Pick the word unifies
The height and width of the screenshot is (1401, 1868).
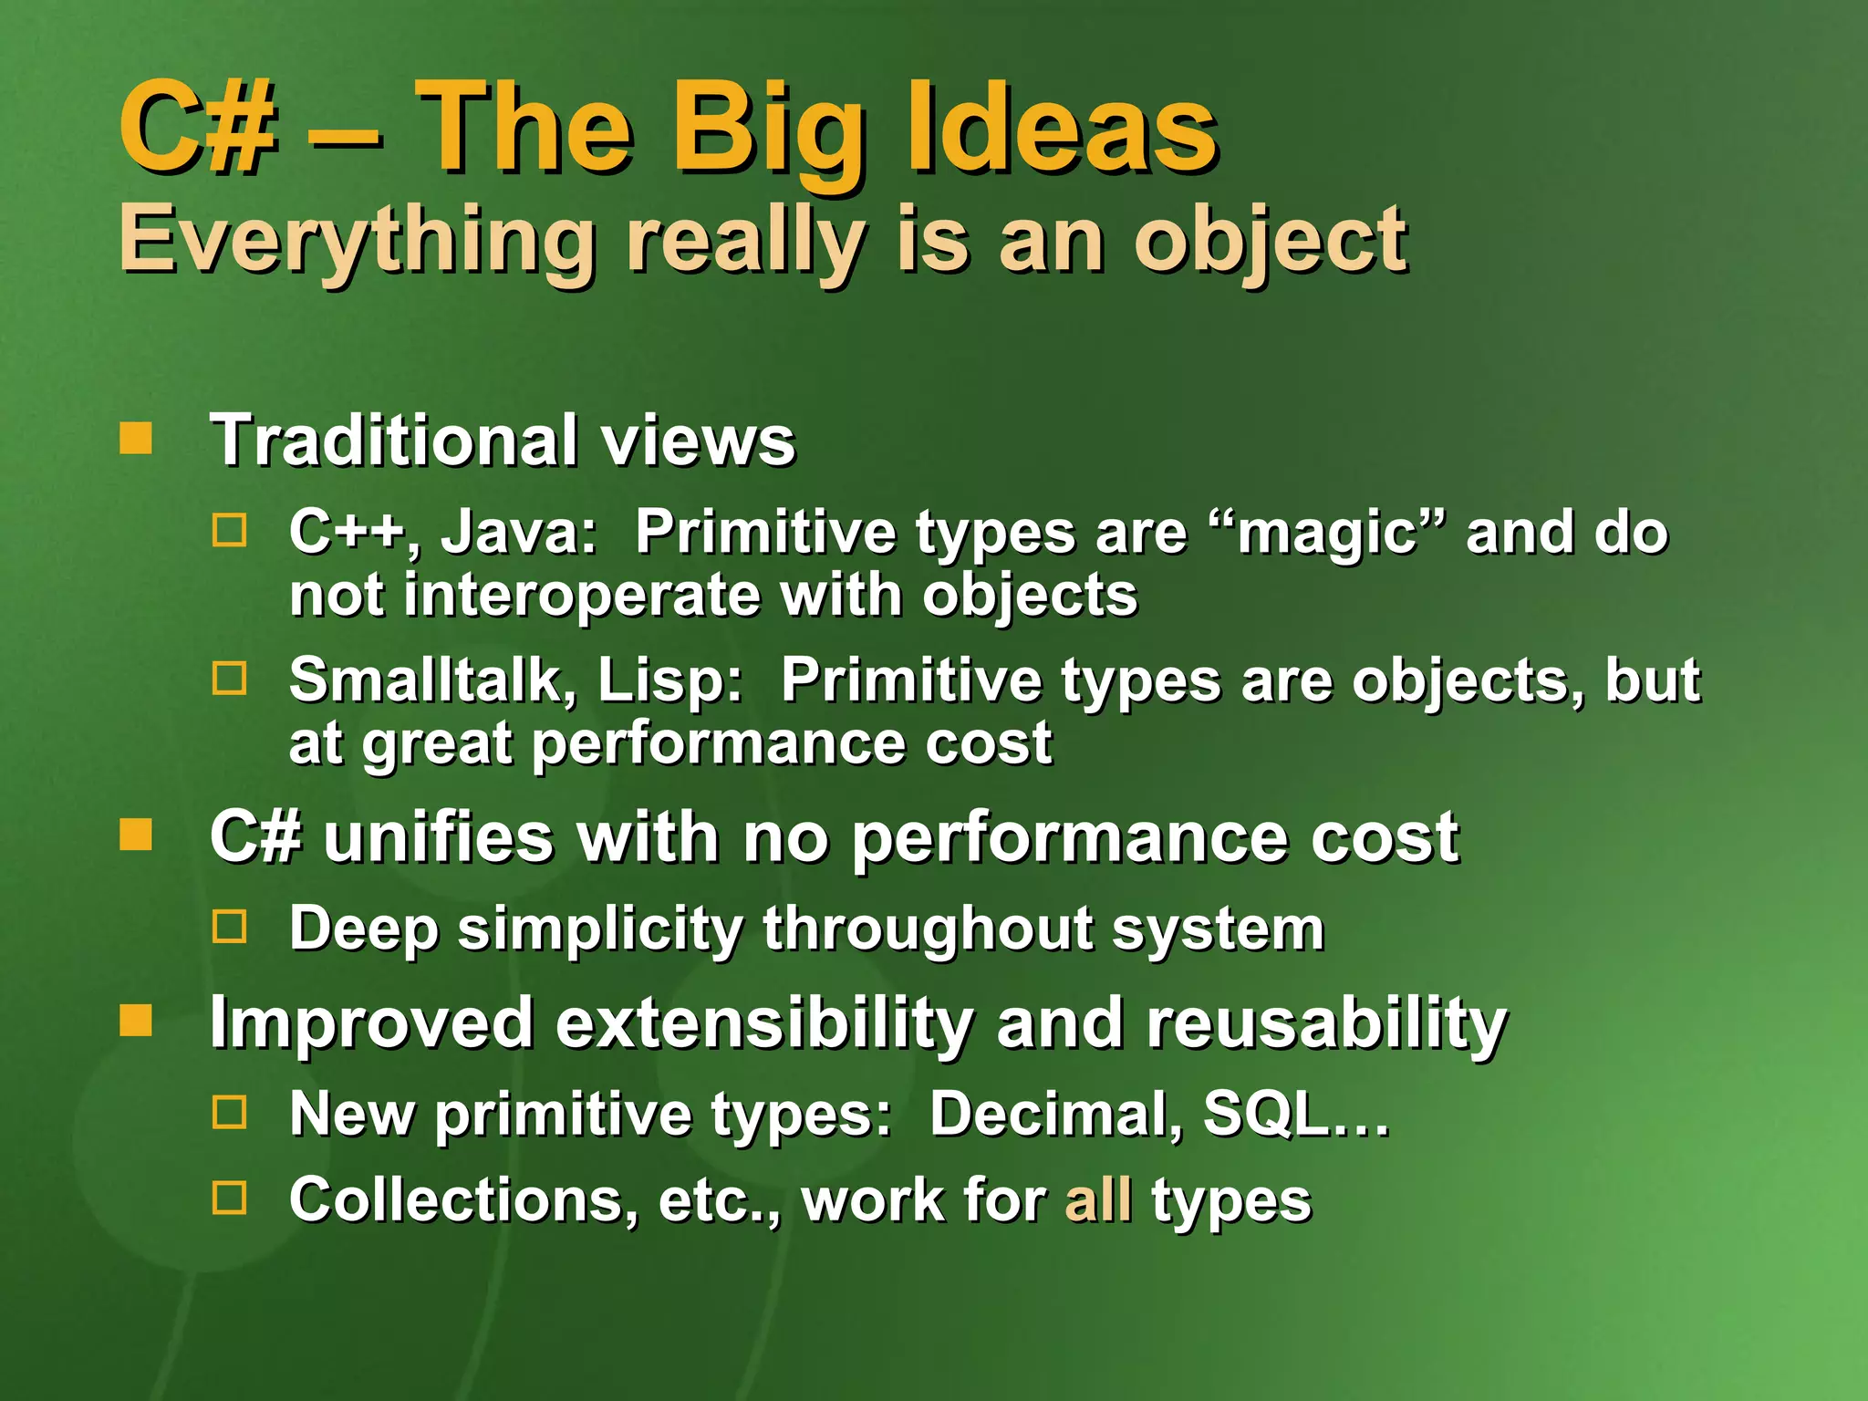(x=438, y=837)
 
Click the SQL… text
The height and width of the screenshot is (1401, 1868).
(x=1295, y=1115)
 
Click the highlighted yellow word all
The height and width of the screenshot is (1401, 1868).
(x=1098, y=1200)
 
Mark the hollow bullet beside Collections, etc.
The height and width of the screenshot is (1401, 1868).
(x=229, y=1198)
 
